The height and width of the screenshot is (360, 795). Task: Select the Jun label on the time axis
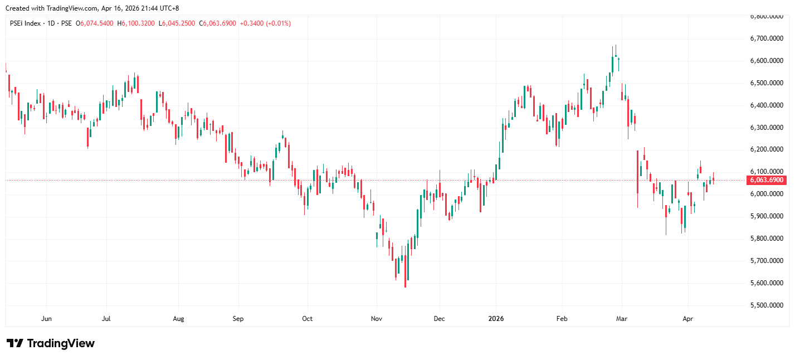coord(47,319)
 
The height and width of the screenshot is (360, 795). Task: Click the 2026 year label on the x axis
coord(496,319)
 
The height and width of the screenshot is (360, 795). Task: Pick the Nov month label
coord(376,319)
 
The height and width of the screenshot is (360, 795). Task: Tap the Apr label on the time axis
coord(687,319)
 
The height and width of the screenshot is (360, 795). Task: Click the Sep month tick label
coord(238,319)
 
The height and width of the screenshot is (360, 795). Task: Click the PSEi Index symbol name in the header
coord(26,23)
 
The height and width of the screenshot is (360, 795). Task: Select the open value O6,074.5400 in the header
coord(95,23)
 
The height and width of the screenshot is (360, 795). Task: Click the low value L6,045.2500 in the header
coord(177,23)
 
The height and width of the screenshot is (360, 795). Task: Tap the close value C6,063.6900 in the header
coord(217,23)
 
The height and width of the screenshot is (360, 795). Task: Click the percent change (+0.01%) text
coord(278,23)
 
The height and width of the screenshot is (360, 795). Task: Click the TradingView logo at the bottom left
coord(51,343)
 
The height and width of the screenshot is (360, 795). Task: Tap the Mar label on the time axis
coord(622,319)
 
